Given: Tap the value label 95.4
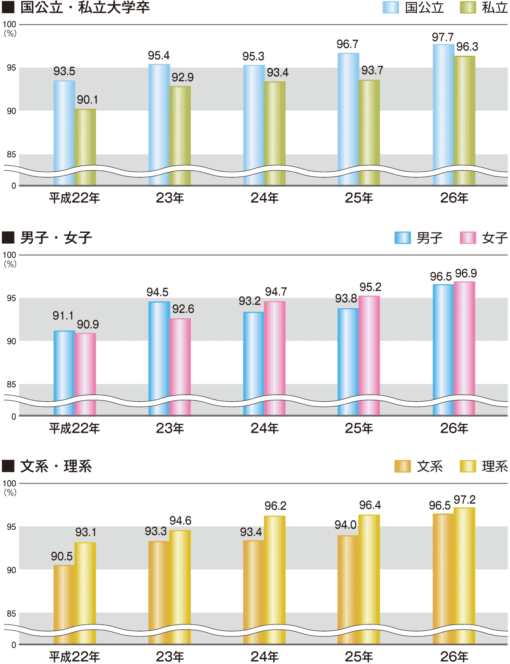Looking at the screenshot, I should [159, 56].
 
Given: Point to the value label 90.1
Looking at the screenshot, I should [87, 100].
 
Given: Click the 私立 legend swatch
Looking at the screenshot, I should [467, 8].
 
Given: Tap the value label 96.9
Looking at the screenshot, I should [466, 273].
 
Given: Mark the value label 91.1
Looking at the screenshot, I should [63, 316].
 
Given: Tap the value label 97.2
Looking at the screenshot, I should [465, 500].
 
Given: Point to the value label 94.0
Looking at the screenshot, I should [345, 525].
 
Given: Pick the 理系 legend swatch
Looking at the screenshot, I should [467, 466].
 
